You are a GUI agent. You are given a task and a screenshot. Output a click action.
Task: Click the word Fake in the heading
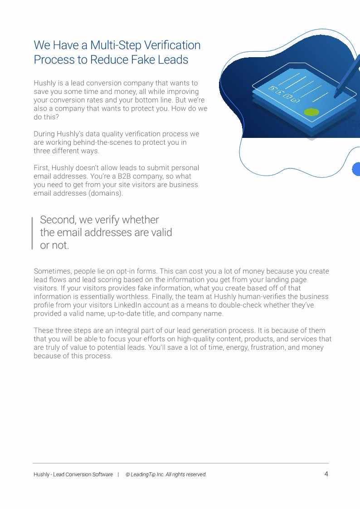(x=135, y=60)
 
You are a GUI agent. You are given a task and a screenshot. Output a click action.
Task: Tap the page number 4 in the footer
(x=326, y=474)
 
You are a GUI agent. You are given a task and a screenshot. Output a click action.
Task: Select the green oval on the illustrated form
(x=311, y=112)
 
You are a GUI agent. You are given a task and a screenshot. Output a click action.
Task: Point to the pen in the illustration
(x=347, y=79)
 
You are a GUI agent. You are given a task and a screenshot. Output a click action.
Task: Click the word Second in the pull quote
(x=58, y=220)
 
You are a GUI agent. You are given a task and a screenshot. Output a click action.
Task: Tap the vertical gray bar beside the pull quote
(x=32, y=233)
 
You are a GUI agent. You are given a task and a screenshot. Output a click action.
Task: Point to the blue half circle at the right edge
(x=356, y=169)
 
